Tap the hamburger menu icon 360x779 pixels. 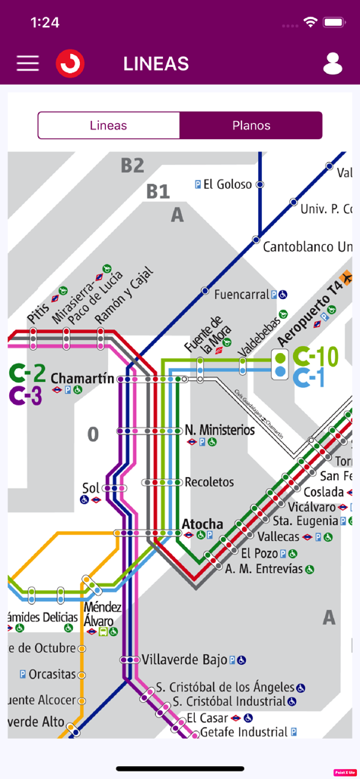click(28, 63)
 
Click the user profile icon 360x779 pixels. click(333, 64)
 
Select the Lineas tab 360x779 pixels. click(108, 126)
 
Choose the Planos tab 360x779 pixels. click(251, 126)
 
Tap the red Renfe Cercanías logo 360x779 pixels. click(70, 63)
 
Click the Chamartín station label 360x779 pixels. click(82, 378)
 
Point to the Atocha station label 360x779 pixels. click(202, 524)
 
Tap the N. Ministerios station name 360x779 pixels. click(220, 431)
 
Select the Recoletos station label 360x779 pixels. click(209, 482)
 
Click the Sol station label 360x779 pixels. click(91, 488)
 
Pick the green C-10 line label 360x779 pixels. click(315, 356)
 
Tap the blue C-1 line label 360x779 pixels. click(309, 377)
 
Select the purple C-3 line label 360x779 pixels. click(26, 396)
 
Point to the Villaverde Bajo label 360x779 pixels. click(184, 660)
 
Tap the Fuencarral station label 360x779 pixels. click(242, 294)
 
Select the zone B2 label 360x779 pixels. click(132, 165)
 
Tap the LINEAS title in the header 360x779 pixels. click(156, 64)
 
